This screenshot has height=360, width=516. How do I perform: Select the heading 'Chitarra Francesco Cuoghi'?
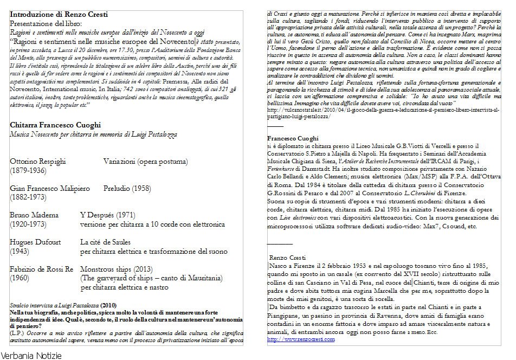click(56, 125)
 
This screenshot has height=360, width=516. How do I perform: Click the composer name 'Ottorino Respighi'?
click(38, 162)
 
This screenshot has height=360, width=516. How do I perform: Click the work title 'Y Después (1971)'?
click(107, 215)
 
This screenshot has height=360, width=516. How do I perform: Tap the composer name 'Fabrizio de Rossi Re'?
click(41, 269)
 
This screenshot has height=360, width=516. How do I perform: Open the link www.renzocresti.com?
click(301, 339)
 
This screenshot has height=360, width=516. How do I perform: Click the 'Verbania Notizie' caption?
click(31, 355)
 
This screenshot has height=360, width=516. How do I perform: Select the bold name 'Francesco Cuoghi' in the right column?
click(293, 139)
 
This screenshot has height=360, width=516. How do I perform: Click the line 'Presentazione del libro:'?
click(46, 23)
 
